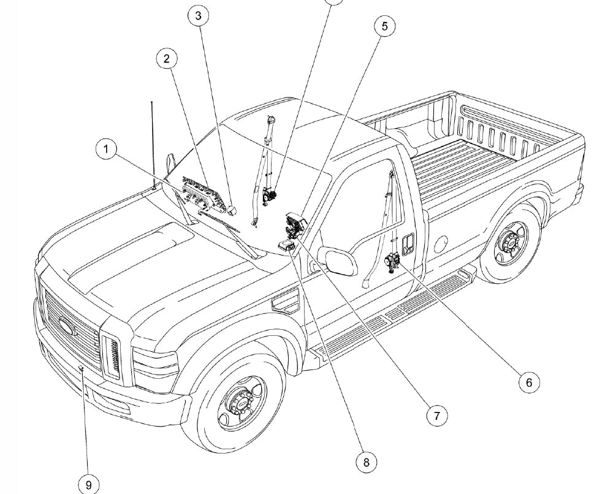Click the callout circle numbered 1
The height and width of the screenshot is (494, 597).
pos(107,150)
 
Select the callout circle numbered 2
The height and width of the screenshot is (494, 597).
pos(166,59)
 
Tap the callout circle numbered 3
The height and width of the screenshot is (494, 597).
pos(197,16)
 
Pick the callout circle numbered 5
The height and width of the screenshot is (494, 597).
pos(384,26)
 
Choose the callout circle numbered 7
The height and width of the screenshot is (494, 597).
pos(437,416)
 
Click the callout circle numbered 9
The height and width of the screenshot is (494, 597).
pos(88,485)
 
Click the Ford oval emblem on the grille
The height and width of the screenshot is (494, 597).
pos(66,327)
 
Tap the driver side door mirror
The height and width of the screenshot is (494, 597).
pos(338,260)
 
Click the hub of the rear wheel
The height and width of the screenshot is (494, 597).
pos(509,244)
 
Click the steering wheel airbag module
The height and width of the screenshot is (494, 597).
pos(294,223)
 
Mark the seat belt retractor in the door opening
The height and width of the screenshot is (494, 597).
pos(391,260)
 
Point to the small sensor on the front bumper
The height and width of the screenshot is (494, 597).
pos(81,368)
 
